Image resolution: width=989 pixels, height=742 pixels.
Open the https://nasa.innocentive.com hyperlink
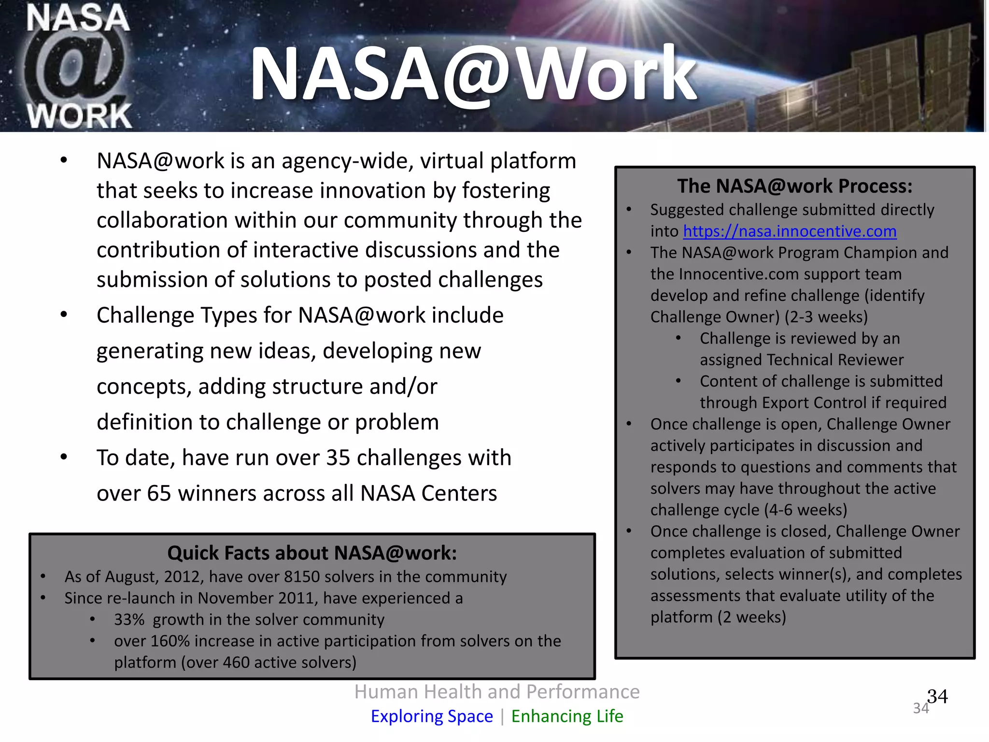coord(790,231)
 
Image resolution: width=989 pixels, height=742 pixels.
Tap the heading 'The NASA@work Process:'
coord(794,186)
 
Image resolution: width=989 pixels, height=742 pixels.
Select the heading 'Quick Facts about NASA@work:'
coord(312,553)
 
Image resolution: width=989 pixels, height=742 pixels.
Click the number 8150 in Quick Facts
coord(302,577)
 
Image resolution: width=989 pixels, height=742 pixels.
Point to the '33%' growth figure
coord(129,620)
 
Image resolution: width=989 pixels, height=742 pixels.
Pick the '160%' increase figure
coord(170,641)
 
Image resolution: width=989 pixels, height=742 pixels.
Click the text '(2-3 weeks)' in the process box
coord(826,317)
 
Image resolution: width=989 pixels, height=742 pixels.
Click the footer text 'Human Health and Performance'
coord(496,692)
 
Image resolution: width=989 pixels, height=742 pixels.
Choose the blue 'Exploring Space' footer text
coord(432,716)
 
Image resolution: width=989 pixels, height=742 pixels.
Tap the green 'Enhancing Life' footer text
coord(567,716)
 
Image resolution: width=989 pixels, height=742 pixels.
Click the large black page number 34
coord(937,697)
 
